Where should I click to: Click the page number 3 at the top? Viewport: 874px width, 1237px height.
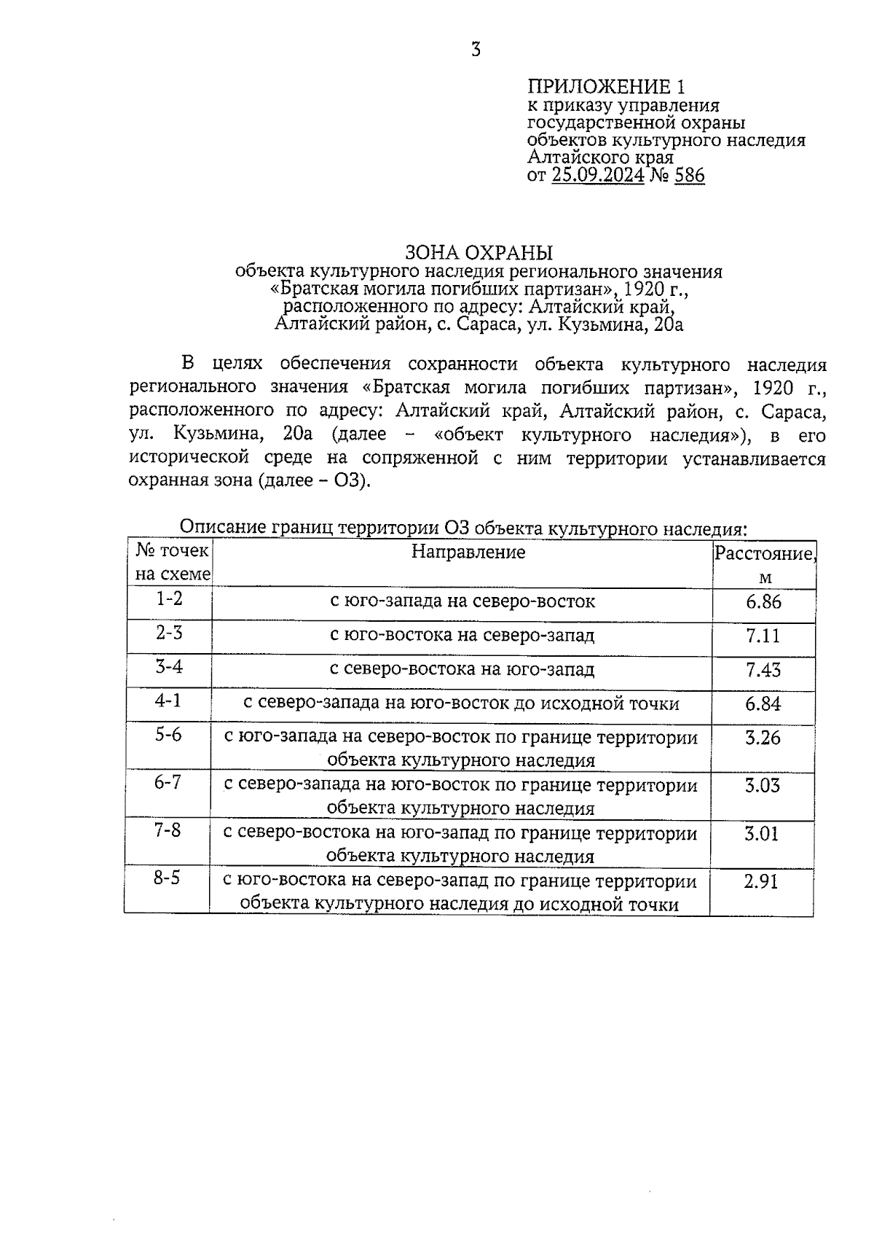[x=476, y=50]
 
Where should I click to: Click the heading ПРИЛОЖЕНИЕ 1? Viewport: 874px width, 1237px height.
[x=605, y=87]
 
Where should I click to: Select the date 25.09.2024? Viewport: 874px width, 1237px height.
[x=597, y=175]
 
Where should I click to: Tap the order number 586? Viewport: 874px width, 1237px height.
[x=689, y=175]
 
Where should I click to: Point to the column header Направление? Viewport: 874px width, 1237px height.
[x=468, y=552]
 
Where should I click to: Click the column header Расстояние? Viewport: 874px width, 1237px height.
[x=763, y=553]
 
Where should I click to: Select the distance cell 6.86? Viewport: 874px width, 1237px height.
[x=763, y=601]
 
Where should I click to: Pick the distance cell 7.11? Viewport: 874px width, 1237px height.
[x=763, y=636]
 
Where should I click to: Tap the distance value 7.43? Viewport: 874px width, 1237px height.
[x=763, y=669]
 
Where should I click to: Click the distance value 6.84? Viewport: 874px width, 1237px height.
[x=763, y=703]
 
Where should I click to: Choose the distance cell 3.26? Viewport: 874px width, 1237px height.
[x=762, y=738]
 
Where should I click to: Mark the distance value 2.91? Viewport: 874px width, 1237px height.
[x=761, y=881]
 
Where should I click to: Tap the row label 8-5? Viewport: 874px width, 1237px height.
[x=166, y=878]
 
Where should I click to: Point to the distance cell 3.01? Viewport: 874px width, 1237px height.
[x=761, y=833]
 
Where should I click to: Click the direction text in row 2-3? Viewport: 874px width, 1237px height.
[x=462, y=636]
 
